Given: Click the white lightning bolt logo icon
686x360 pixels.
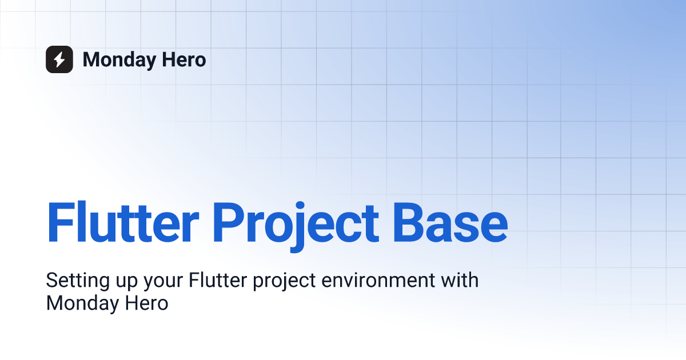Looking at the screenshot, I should (59, 59).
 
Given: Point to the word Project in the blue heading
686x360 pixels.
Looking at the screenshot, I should (296, 222).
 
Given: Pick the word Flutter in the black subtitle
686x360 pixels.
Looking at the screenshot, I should (214, 281).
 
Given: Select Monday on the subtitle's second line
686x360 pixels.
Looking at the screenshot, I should (80, 303).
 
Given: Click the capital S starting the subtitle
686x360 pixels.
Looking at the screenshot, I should (51, 281).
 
